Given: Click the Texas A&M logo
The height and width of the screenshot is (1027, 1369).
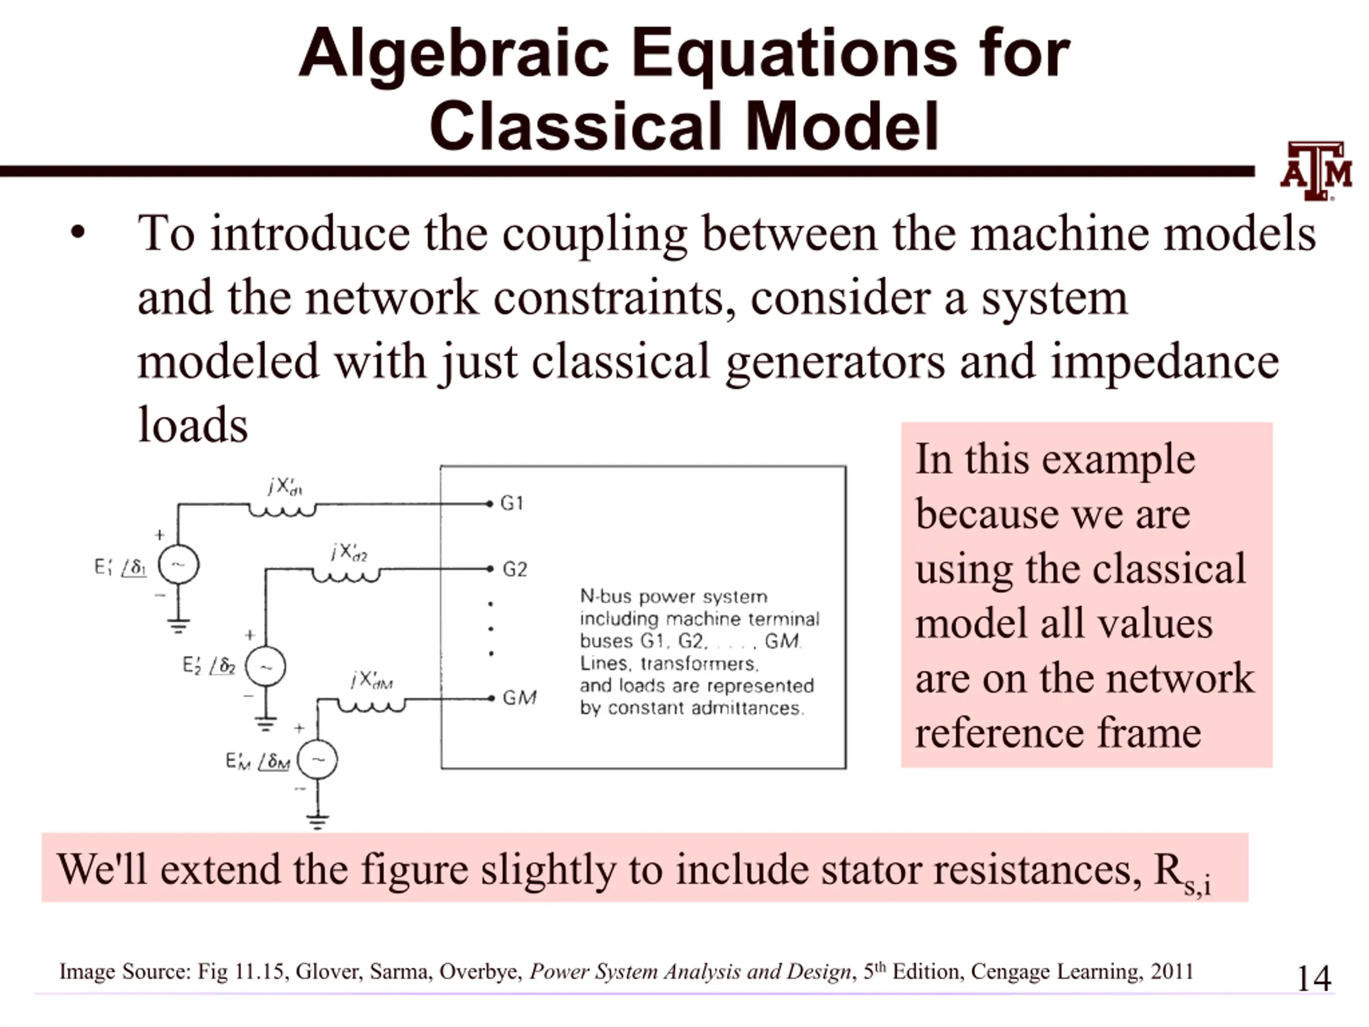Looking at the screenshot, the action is pos(1317,171).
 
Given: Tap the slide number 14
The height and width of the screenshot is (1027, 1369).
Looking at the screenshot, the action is pos(1313,979).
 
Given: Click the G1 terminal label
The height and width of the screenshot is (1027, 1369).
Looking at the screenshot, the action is pos(512,503).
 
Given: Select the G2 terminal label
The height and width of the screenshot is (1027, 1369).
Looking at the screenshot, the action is pos(514,569).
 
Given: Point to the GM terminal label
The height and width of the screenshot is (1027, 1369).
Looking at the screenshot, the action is pos(519,698).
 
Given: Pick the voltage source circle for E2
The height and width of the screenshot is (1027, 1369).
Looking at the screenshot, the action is pos(265,666).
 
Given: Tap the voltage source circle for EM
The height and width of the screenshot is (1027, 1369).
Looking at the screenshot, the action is pos(318,760).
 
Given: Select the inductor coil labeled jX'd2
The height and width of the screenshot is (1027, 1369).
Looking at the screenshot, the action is pos(346,576).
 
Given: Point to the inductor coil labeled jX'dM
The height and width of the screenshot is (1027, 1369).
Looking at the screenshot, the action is pos(371,706).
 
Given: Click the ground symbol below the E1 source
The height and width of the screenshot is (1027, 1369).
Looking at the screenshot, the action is pos(178,626).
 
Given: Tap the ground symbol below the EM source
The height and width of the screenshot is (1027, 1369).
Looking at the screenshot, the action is pos(318,822).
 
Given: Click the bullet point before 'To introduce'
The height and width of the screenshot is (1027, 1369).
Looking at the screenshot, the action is pos(78,233).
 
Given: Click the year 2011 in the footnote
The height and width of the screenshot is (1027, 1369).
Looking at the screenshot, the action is pos(1172,971).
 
